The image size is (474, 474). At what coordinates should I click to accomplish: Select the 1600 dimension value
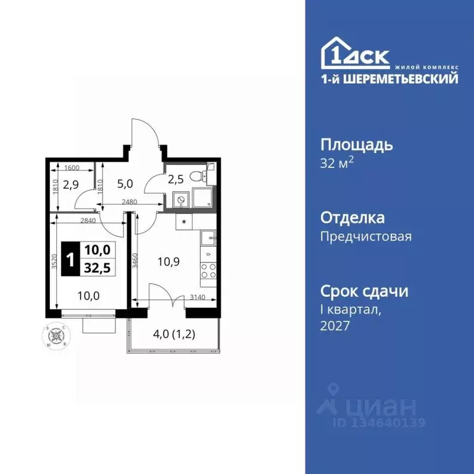coord(72,167)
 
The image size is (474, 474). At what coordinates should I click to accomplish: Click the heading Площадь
coord(357,146)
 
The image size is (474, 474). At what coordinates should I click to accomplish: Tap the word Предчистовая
coord(366,236)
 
